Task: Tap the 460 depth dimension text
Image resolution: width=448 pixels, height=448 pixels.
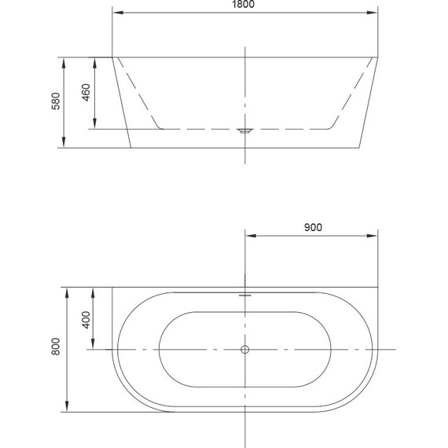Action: click(x=87, y=94)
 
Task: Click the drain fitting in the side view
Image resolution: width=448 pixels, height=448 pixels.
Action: click(x=245, y=131)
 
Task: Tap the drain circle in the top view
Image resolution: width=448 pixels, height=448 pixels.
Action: click(x=245, y=349)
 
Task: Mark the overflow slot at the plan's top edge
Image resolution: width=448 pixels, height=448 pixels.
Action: click(x=245, y=296)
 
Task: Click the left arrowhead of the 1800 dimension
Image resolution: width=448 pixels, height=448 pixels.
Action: click(x=116, y=13)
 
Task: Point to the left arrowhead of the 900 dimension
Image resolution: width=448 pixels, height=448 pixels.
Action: click(x=250, y=235)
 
